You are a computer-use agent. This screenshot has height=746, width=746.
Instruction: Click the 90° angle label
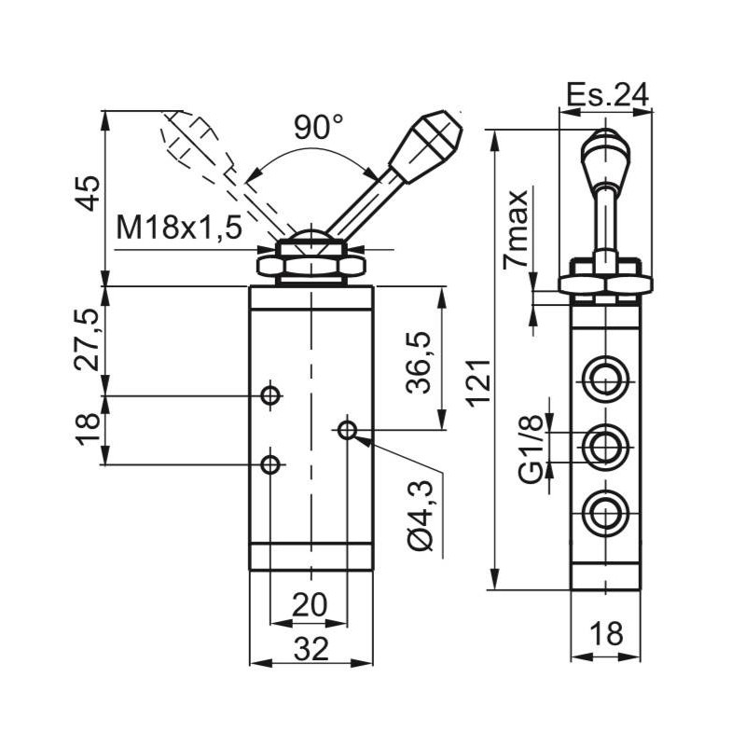click(x=318, y=128)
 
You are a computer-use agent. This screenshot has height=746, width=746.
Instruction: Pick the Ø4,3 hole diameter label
click(x=421, y=516)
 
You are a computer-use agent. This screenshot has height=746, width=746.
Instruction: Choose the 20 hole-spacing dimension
click(x=309, y=605)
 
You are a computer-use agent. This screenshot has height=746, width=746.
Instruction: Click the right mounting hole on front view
click(x=347, y=430)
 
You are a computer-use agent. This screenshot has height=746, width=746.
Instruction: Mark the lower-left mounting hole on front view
click(x=270, y=463)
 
